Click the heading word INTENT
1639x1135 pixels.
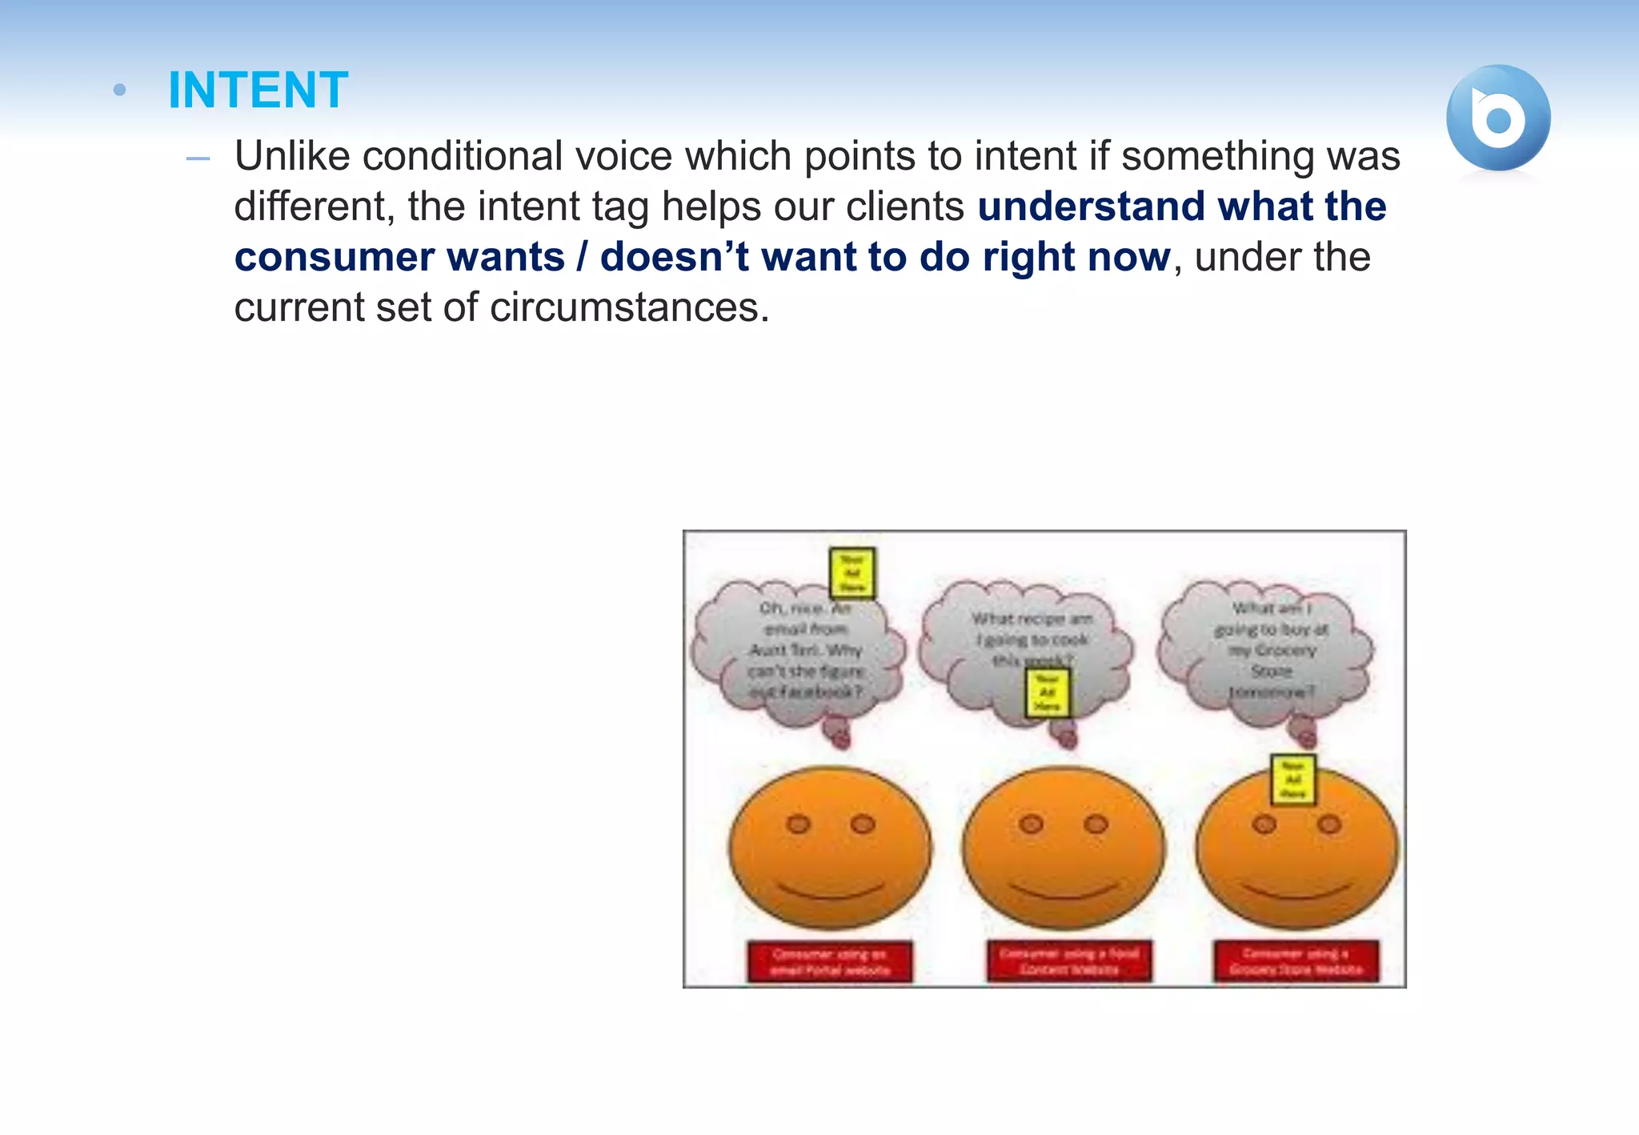pos(258,90)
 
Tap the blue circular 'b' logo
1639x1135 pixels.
pos(1498,118)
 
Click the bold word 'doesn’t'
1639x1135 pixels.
pos(674,258)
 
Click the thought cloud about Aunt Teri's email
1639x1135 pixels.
pos(800,656)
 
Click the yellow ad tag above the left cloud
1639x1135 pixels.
pos(852,573)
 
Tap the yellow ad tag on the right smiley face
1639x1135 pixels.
pos(1293,779)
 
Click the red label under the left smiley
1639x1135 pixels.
pos(830,961)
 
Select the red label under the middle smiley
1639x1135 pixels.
pos(1069,961)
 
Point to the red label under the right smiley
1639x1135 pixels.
pos(1296,961)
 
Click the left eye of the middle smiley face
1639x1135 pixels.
pos(1032,824)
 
